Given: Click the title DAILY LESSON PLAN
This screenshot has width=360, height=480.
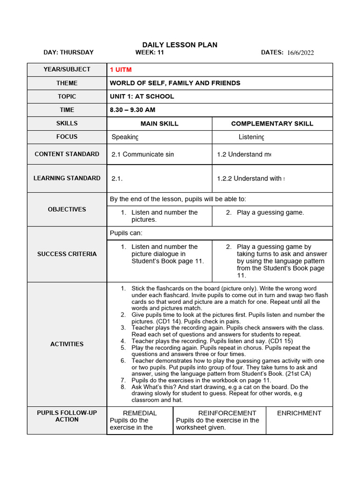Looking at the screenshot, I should tap(180, 45).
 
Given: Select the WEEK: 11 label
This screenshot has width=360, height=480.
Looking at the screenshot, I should tap(150, 52).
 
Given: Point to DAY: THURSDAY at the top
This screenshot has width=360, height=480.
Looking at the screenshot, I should tap(68, 52).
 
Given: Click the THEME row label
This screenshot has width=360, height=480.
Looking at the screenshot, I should tap(67, 83).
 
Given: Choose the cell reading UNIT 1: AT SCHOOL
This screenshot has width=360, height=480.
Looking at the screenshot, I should tap(142, 97).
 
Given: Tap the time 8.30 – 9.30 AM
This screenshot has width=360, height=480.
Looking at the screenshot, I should tap(132, 110).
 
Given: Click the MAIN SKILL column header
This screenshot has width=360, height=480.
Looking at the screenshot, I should tap(159, 123).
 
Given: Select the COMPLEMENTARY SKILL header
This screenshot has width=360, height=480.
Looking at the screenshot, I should tap(272, 123).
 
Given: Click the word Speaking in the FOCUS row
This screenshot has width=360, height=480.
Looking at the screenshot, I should tap(125, 137).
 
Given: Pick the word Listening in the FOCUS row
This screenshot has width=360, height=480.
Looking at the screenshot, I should tap(251, 137).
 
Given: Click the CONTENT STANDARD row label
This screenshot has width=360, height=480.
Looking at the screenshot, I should tap(67, 154).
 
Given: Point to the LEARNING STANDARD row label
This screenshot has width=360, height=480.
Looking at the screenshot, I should tap(67, 178).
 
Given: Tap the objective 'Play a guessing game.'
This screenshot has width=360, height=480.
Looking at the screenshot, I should tap(270, 212).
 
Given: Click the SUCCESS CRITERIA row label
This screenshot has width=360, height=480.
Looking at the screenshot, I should tap(67, 254).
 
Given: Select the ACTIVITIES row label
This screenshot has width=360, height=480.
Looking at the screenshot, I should tap(67, 344).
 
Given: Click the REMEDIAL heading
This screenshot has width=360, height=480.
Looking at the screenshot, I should tap(140, 413).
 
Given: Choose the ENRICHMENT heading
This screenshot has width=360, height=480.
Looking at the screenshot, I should tap(299, 413).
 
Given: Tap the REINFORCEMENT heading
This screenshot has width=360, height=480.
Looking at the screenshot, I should tap(227, 413).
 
